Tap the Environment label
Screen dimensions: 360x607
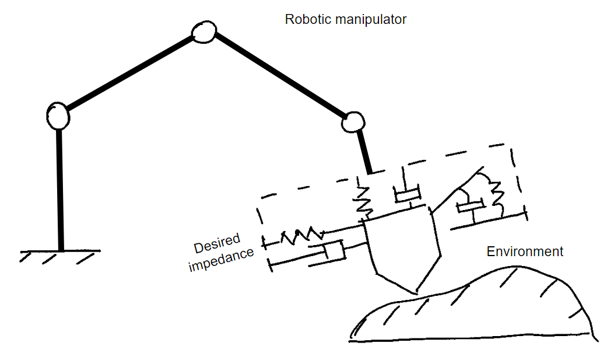point(525,251)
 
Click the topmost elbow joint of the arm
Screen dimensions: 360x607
point(203,33)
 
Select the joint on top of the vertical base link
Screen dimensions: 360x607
point(58,116)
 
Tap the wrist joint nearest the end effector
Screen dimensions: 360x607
point(353,122)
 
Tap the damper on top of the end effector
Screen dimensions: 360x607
point(406,193)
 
